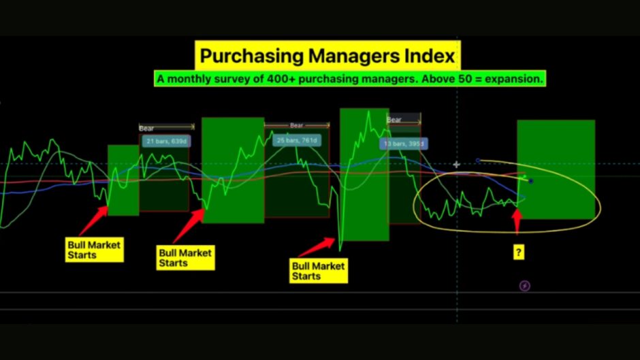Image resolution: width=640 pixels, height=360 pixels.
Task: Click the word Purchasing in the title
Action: tap(251, 56)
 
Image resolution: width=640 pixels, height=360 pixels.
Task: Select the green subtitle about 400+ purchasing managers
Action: tap(350, 78)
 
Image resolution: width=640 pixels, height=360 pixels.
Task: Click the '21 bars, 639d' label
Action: tap(166, 142)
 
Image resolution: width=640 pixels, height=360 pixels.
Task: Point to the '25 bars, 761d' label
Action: tap(297, 140)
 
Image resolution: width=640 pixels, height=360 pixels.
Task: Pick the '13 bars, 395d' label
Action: tap(404, 144)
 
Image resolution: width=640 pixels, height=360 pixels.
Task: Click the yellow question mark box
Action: tap(518, 252)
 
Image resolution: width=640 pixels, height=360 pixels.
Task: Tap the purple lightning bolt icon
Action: tap(524, 286)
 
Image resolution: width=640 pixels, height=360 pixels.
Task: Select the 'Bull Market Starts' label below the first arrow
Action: tap(94, 250)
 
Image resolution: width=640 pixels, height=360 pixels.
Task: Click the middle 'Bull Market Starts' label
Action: tap(186, 257)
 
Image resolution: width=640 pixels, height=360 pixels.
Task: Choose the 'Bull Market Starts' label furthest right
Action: tap(319, 271)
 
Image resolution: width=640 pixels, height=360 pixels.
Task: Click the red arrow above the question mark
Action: tap(517, 220)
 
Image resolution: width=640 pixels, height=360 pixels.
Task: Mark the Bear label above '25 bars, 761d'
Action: tap(297, 125)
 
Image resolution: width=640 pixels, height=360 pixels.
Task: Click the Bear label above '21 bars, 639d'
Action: tap(146, 128)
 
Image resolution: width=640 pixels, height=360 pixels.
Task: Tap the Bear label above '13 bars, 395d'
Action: tap(394, 120)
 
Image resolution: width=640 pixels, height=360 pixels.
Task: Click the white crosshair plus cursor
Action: tap(456, 165)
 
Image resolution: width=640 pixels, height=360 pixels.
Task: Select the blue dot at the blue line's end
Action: tap(530, 181)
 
